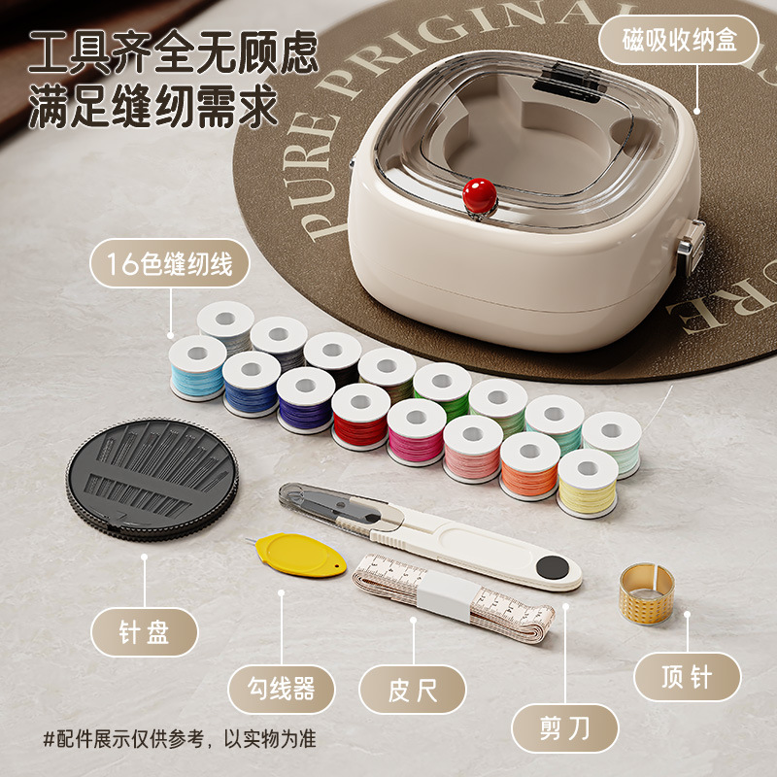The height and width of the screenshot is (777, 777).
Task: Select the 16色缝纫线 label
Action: pyautogui.click(x=169, y=264)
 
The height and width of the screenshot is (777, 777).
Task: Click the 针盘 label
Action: pyautogui.click(x=144, y=633)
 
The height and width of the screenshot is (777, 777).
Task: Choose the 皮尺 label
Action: pyautogui.click(x=413, y=689)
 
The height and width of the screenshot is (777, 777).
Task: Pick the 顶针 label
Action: pyautogui.click(x=687, y=676)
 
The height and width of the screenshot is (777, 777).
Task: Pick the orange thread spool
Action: pyautogui.click(x=529, y=465)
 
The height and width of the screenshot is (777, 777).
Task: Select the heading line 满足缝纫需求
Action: pyautogui.click(x=153, y=107)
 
